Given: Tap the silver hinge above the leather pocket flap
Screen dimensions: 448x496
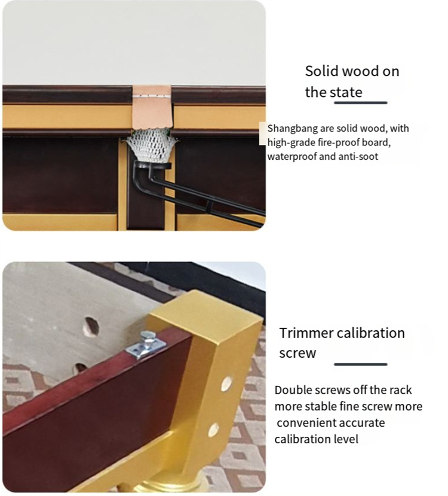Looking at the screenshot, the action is pyautogui.click(x=152, y=96).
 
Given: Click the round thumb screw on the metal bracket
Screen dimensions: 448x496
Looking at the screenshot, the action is pyautogui.click(x=147, y=337).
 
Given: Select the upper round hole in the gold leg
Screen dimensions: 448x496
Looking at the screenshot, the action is pyautogui.click(x=226, y=384).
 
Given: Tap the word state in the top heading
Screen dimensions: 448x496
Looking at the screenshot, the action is pyautogui.click(x=346, y=92).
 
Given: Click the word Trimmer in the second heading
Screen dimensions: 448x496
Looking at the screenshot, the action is pyautogui.click(x=306, y=333).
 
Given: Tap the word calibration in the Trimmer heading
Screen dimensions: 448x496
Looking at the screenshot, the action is pyautogui.click(x=371, y=333).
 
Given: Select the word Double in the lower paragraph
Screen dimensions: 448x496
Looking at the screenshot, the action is pyautogui.click(x=289, y=390).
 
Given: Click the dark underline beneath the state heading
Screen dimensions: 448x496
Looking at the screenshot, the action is pyautogui.click(x=361, y=102).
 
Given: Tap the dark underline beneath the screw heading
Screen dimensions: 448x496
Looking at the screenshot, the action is pyautogui.click(x=361, y=364).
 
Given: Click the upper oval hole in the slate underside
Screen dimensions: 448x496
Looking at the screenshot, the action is pyautogui.click(x=91, y=327).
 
